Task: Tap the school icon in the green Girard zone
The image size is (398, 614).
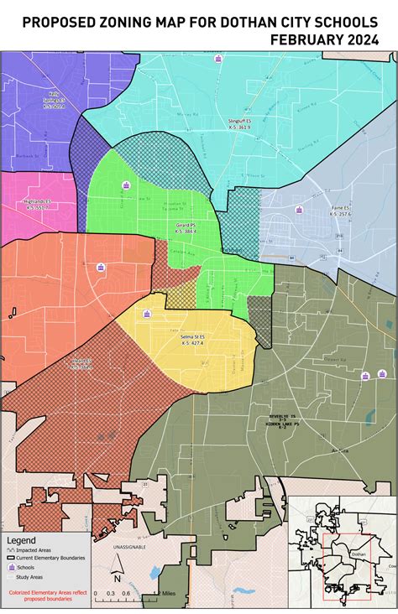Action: [x=127, y=185]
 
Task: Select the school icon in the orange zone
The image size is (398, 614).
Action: [x=101, y=268]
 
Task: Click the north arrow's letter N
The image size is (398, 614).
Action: [x=118, y=578]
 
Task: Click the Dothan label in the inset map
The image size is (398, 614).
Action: [x=359, y=554]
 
